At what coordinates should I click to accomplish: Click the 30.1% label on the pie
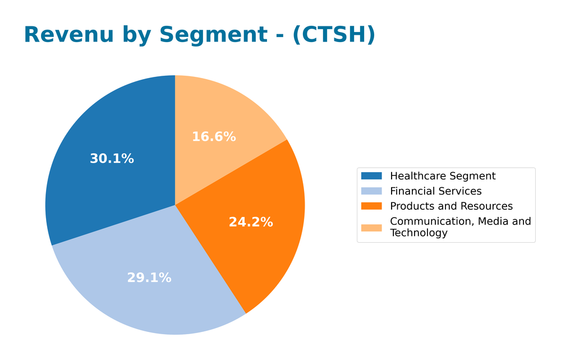(112, 159)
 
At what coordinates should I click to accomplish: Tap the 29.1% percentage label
(149, 278)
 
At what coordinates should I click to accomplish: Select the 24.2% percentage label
(251, 222)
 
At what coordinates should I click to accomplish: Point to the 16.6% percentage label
(214, 137)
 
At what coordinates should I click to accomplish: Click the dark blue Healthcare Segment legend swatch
(371, 176)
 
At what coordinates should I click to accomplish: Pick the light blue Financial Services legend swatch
(371, 191)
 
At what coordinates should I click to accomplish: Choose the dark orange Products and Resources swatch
(371, 206)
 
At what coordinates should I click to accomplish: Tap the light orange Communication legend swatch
(371, 227)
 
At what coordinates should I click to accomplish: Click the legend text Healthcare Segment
(443, 176)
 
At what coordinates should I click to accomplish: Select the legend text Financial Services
(436, 191)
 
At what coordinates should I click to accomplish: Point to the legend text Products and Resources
(451, 206)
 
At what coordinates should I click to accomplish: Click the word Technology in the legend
(419, 233)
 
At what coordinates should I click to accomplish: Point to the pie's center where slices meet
(175, 205)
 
